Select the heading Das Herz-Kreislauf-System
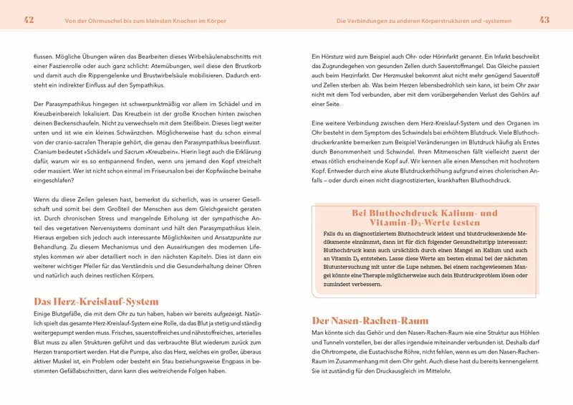(95, 302)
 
